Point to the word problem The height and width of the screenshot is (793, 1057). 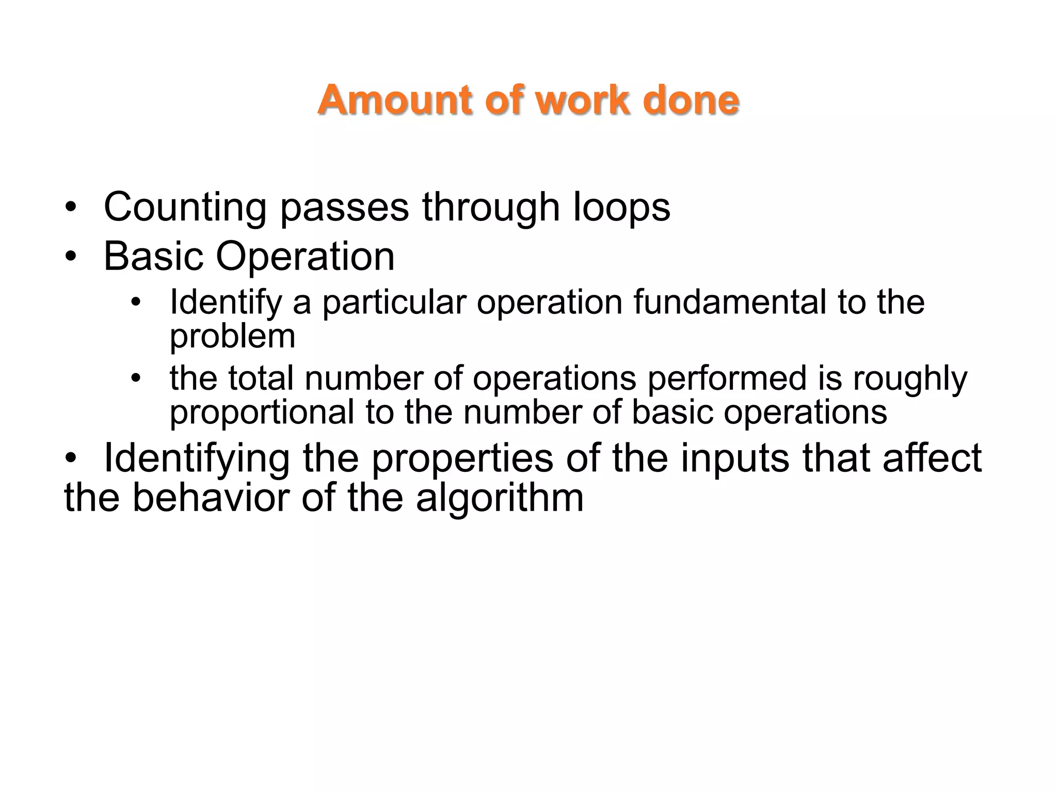click(232, 337)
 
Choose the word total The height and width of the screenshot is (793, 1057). click(261, 378)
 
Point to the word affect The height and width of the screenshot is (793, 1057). click(932, 458)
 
